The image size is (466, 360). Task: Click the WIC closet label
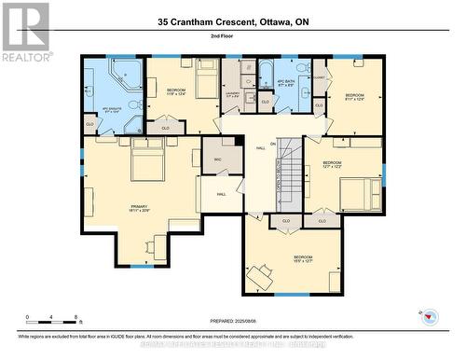point(217,159)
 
